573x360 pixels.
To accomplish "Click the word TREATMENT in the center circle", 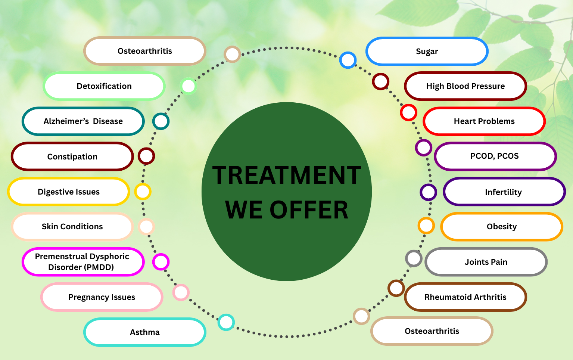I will pos(286,175).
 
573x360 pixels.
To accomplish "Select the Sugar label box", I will pos(427,52).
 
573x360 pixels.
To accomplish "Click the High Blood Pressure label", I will pos(465,86).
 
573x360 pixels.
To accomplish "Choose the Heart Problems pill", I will pos(484,121).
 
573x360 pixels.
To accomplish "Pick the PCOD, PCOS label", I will pos(495,156).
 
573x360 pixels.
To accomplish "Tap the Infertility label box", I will pos(504,192).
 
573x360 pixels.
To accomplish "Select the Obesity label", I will pos(501,227).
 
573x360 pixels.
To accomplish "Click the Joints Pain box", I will pos(486,262).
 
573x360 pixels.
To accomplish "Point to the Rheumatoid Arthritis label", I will pos(465,297).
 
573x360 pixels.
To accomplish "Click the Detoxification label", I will pos(104,86).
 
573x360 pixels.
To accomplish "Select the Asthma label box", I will pos(144,332).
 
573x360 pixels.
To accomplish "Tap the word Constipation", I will pos(72,157).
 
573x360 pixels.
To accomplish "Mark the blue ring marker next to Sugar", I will pos(348,60).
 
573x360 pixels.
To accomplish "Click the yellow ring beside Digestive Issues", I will pos(143,192).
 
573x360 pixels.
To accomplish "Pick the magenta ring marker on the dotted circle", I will pos(161,262).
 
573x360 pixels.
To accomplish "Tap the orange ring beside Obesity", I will pos(426,226).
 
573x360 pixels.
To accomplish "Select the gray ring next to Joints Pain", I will pos(414,258).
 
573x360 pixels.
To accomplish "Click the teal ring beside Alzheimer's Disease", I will pos(161,121).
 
